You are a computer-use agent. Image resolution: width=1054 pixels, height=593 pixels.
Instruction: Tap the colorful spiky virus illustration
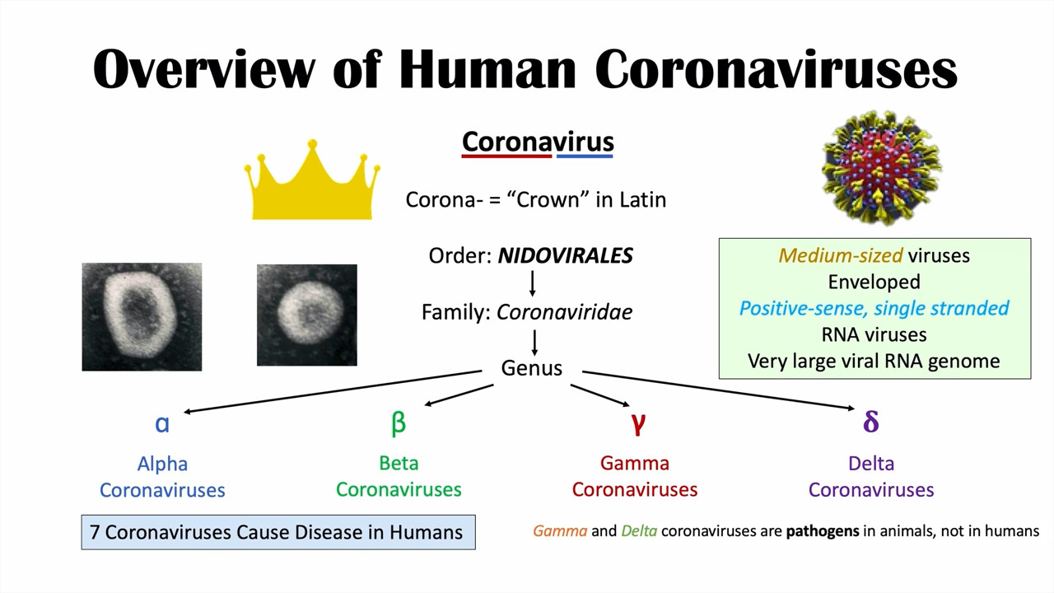point(881,167)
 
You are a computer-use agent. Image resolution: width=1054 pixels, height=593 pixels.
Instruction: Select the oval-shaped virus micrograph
point(142,317)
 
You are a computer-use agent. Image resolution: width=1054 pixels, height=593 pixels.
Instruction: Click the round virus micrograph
point(307,315)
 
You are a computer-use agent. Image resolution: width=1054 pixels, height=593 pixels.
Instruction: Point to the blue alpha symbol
point(162,423)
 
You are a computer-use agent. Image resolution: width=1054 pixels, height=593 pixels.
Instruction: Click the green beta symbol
point(398,423)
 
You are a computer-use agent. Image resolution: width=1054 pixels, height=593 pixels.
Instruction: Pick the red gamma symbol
point(638,423)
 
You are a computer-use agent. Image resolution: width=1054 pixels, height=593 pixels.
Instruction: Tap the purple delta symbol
point(871,421)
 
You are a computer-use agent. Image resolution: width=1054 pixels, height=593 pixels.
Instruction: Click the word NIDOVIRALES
point(565,255)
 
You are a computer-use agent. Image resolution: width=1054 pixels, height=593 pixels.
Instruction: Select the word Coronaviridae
point(564,312)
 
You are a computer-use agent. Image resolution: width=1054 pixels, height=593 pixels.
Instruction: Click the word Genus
point(531,368)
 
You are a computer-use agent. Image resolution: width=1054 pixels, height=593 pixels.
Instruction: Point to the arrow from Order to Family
point(532,282)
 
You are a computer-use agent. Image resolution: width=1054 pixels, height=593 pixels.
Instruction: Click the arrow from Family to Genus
point(534,343)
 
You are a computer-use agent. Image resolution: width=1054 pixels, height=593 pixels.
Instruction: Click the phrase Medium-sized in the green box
point(841,255)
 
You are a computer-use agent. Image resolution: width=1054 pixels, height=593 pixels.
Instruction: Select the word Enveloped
point(874,282)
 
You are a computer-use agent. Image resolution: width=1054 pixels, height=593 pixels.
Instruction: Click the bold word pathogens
point(823,531)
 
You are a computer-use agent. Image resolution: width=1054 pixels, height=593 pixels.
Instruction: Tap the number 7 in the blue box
point(95,532)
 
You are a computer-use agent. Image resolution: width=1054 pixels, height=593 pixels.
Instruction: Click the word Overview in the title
point(203,69)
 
